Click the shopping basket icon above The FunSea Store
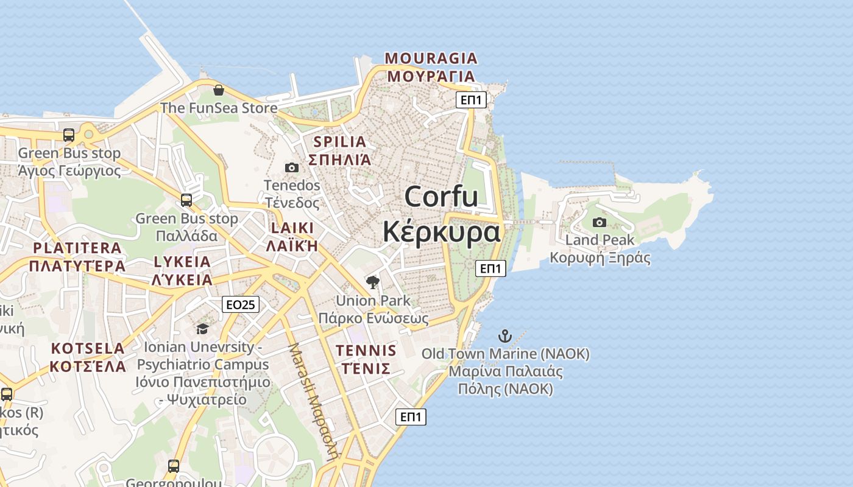pos(219,90)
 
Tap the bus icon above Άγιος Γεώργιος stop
pos(69,135)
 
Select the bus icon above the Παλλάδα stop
pos(186,200)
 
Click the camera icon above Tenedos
pos(292,167)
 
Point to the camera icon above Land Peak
pos(600,222)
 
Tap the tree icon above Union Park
pos(373,282)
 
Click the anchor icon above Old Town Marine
pos(505,336)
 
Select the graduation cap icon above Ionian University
pos(202,329)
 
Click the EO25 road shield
pos(241,304)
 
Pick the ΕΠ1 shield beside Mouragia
pos(471,100)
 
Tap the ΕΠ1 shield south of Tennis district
pos(411,417)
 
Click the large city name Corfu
pos(441,197)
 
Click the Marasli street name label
pos(313,402)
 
